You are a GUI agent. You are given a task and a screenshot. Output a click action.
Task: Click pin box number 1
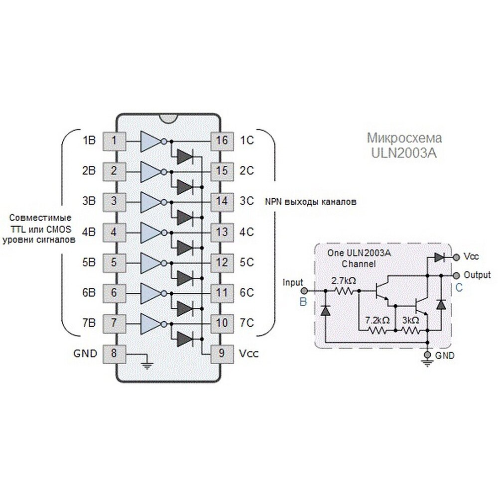click(115, 141)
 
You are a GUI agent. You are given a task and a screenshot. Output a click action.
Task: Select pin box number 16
click(222, 141)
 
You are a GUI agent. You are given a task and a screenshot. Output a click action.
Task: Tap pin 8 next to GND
click(115, 354)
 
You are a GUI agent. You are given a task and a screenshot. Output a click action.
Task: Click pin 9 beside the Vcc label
click(222, 354)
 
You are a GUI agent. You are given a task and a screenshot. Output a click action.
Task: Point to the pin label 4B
click(89, 232)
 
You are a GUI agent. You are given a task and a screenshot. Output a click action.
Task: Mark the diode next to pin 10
click(184, 339)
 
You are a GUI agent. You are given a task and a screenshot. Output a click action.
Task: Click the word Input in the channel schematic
click(293, 282)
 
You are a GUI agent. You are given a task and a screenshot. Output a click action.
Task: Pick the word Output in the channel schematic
click(477, 275)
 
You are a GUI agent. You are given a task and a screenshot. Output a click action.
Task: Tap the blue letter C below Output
click(459, 287)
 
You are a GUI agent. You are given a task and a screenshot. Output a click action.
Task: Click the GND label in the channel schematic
click(445, 356)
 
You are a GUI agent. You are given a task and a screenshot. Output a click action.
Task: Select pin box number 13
click(222, 232)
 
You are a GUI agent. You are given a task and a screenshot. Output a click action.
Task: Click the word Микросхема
click(404, 138)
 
